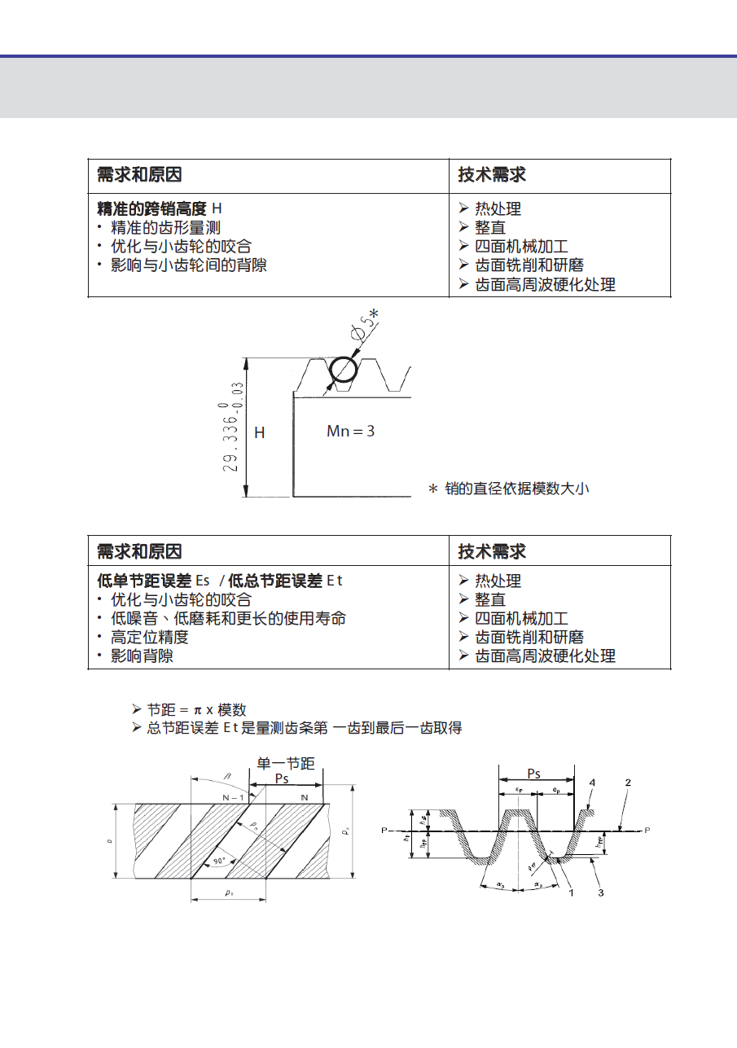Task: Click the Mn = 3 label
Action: click(x=350, y=431)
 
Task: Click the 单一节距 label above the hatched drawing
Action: click(x=286, y=763)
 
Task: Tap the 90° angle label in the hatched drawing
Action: click(x=218, y=861)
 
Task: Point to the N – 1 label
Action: click(x=234, y=797)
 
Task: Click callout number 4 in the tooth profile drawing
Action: click(x=592, y=783)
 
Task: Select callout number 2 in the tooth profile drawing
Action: click(x=628, y=783)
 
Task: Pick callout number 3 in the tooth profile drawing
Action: click(x=600, y=893)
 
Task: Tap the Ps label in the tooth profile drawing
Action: click(x=533, y=774)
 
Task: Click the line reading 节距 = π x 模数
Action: click(x=195, y=710)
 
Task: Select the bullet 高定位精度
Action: click(x=149, y=638)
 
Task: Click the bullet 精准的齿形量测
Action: click(x=165, y=228)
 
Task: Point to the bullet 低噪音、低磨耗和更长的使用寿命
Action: click(x=228, y=619)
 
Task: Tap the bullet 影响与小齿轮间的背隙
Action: click(x=188, y=265)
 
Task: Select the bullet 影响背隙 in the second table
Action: click(x=142, y=656)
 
